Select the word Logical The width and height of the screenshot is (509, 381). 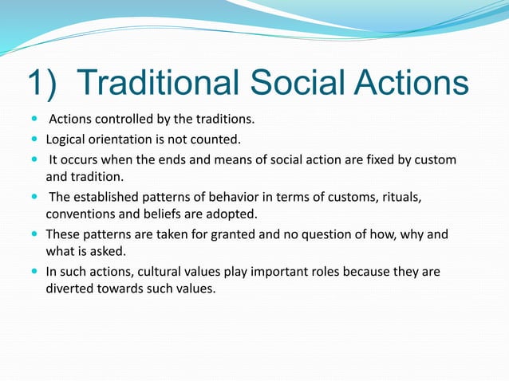(66, 140)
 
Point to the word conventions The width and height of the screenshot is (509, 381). (79, 214)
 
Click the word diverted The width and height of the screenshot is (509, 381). (69, 289)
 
